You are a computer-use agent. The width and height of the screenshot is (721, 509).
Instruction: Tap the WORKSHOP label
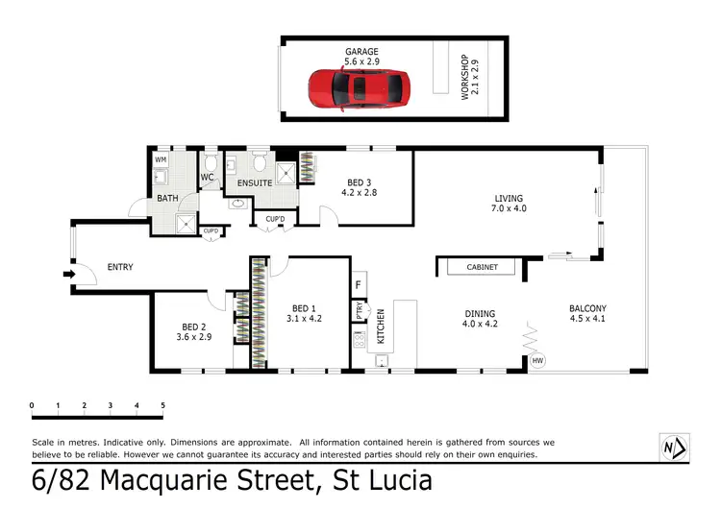(465, 78)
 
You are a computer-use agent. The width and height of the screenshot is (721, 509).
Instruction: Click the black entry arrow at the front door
(68, 274)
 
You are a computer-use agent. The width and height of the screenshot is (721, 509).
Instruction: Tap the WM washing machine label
(161, 158)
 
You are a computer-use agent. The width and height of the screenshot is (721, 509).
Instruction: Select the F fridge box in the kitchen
(359, 285)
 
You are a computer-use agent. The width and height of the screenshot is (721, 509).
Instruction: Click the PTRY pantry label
(359, 310)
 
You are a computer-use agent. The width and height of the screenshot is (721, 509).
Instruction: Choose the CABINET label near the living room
(482, 268)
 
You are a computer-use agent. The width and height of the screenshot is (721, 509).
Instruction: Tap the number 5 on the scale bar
(162, 405)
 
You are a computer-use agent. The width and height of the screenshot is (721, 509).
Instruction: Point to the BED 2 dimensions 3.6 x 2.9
(193, 337)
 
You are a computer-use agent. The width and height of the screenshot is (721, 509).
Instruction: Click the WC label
(207, 178)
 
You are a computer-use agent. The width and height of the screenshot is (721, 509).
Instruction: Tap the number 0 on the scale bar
(33, 405)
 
